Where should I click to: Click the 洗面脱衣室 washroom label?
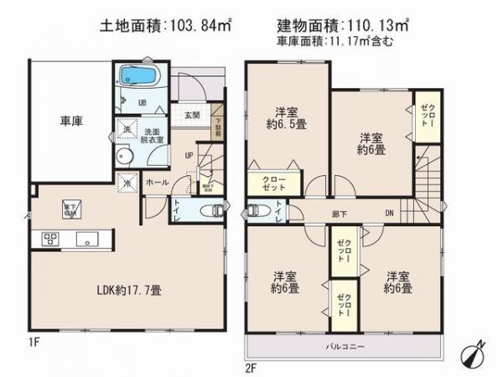(152, 135)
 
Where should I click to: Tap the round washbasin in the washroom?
(126, 157)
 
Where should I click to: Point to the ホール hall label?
(156, 182)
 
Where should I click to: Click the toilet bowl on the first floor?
(214, 210)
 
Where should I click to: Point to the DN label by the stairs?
(389, 214)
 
